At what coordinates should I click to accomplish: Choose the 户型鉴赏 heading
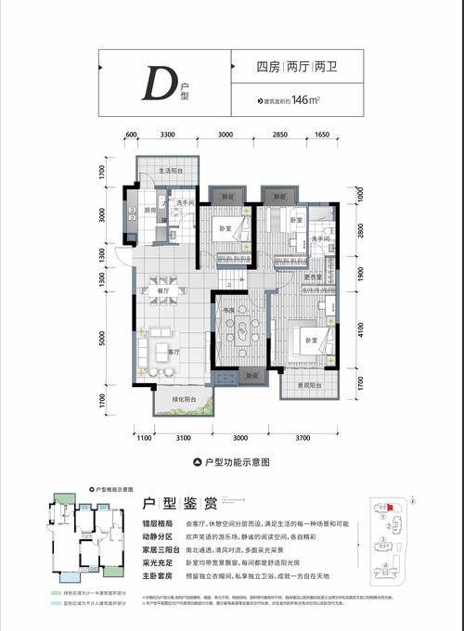point(180,504)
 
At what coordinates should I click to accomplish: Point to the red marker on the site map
point(390,507)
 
